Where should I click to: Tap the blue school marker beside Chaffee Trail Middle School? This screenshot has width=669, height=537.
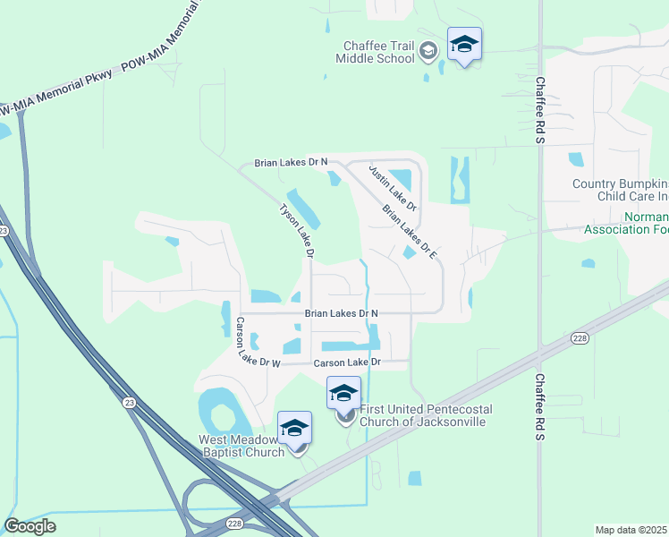pos(464,45)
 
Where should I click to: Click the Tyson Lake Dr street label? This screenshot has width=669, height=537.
pos(297,231)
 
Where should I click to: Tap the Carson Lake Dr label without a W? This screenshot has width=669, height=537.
pos(347,362)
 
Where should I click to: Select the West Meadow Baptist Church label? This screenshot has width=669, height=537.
pos(241,446)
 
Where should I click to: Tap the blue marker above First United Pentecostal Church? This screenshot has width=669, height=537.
pos(344,394)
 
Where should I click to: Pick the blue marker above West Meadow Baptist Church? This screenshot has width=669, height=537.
pos(294,428)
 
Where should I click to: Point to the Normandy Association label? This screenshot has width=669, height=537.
pos(626,223)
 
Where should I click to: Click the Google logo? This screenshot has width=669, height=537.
pos(30,525)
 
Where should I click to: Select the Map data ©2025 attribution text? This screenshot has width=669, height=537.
pos(631,530)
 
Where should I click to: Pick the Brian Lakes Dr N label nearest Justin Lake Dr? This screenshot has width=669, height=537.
pos(291,163)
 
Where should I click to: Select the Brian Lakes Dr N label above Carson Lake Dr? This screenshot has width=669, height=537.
pos(341,313)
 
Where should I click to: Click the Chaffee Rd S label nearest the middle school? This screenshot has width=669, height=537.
pos(539,107)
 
